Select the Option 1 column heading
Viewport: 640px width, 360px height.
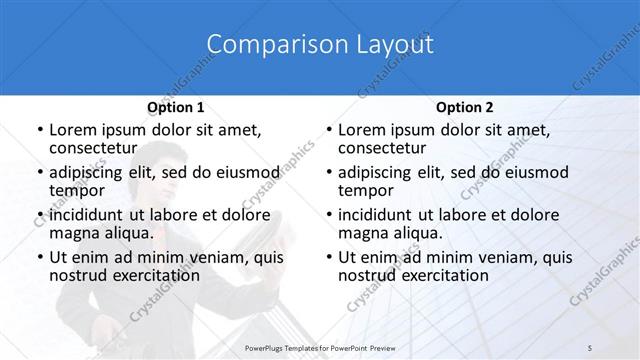coord(175,107)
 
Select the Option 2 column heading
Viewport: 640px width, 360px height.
coord(464,107)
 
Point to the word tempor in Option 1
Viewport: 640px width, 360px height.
coord(76,190)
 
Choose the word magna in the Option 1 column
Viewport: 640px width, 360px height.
coord(75,233)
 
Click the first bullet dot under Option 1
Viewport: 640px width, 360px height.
coord(39,130)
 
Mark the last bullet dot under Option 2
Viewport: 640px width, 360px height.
coord(328,257)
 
